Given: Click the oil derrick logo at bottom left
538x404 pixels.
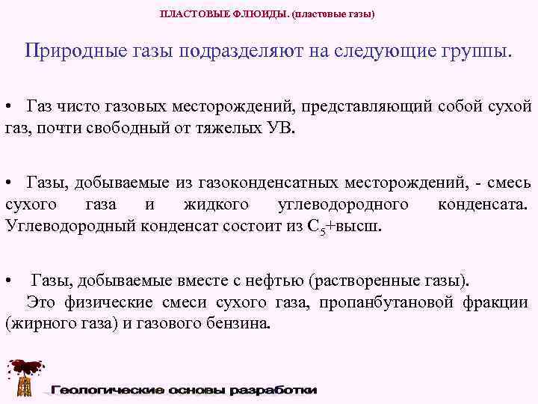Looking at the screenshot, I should pos(23,377).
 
